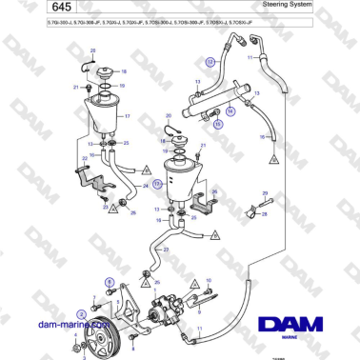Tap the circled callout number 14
(x=229, y=110)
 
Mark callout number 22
(x=84, y=157)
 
